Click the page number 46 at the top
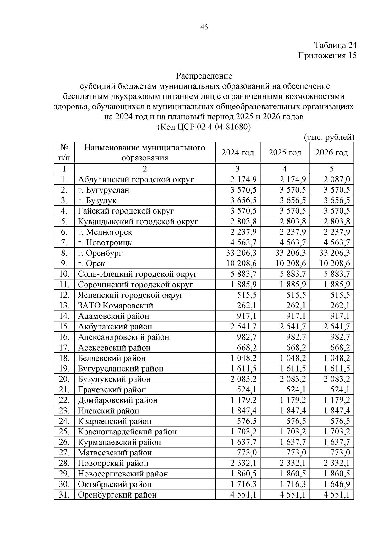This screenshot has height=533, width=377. coord(204,27)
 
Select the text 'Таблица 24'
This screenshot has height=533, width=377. coord(335,46)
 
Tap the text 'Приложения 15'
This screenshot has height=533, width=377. coord(327,56)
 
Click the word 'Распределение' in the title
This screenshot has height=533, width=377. coord(204,76)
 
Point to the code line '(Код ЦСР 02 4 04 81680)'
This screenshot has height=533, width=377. coord(204,127)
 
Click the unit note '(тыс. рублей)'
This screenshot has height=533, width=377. coord(329,137)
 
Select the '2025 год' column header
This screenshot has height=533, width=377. coord(285,153)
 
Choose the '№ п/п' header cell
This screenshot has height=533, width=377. coord(64,153)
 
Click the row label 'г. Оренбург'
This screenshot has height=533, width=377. coord(100,253)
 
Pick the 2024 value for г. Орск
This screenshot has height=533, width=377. coord(241,264)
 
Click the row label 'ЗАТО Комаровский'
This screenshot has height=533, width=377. coord(115,306)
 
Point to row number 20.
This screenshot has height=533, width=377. coord(64,379)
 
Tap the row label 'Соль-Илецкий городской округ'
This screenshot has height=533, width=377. coord(137,274)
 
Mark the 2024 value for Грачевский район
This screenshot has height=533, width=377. coord(247,390)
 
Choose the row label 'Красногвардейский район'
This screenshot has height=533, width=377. coord(127,432)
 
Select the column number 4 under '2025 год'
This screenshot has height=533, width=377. coord(285,169)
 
